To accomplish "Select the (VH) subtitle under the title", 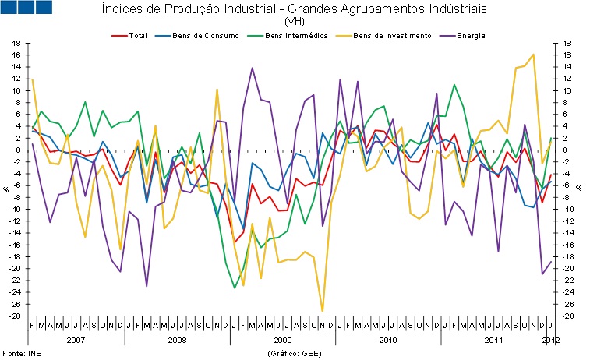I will click(x=295, y=22).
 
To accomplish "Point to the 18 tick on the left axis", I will click(x=16, y=43).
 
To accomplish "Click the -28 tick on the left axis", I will click(x=15, y=316).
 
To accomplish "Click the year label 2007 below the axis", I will click(x=76, y=340).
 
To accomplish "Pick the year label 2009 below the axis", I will click(x=281, y=340).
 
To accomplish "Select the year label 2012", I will click(x=550, y=340).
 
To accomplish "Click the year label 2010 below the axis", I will click(x=387, y=340).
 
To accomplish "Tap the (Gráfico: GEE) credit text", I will click(x=294, y=353).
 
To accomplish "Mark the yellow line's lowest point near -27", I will click(x=322, y=311).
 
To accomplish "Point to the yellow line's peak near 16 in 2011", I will click(x=533, y=55).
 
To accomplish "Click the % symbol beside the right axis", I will click(x=578, y=188).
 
